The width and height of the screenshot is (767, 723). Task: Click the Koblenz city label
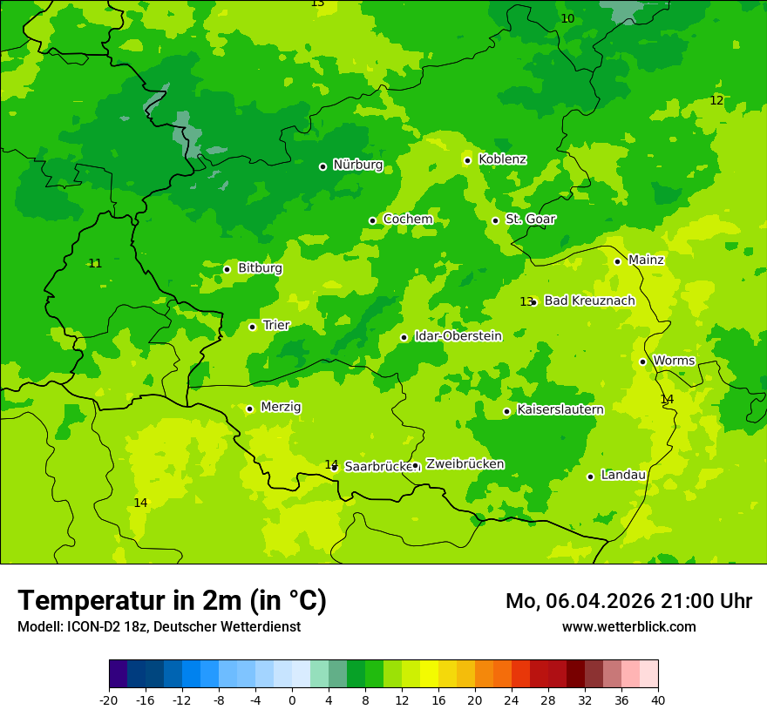click(502, 159)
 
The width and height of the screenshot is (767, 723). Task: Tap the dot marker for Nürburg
click(322, 166)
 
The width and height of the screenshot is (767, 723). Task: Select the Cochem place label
click(407, 220)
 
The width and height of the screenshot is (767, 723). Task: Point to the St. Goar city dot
click(495, 220)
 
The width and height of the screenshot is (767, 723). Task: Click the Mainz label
click(646, 260)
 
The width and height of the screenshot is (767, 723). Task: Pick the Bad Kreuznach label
click(589, 301)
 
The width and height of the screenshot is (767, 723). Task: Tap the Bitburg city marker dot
click(227, 269)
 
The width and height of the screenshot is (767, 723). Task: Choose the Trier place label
click(276, 326)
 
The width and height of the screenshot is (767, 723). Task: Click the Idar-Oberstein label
click(458, 336)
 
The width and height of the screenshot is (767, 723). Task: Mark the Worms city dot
click(642, 361)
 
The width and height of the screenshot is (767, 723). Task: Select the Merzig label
click(281, 408)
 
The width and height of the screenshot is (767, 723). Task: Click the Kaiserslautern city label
click(560, 410)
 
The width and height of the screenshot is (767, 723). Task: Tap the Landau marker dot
click(590, 476)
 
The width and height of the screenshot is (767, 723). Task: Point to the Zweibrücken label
click(465, 464)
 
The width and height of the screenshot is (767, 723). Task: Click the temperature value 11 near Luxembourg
click(95, 264)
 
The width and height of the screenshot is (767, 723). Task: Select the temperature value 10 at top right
click(567, 19)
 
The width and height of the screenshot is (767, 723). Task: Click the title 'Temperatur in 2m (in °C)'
click(172, 600)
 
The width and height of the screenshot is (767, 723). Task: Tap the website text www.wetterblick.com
click(628, 627)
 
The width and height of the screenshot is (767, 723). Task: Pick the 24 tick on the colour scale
click(512, 700)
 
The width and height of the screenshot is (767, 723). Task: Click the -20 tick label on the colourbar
click(109, 700)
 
